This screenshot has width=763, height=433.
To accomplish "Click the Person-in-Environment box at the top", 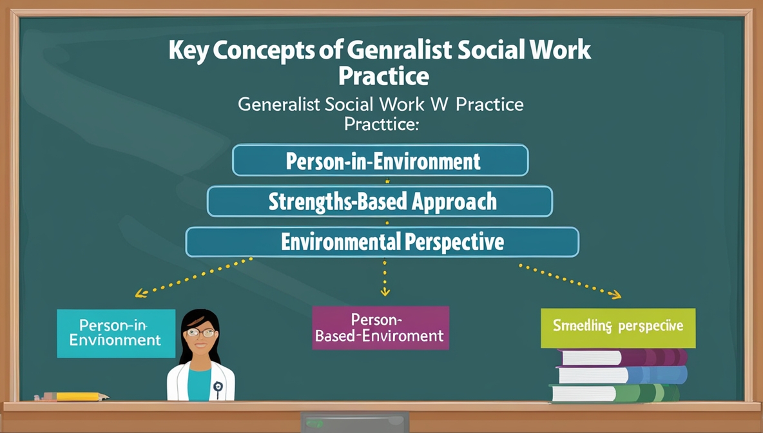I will tap(380, 160).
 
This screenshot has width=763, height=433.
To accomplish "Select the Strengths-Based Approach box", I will tap(380, 201).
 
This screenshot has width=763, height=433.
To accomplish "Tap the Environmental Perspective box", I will tap(382, 242).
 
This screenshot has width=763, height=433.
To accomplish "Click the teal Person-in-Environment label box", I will tap(116, 333).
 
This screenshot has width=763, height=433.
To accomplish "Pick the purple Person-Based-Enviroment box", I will tap(380, 328).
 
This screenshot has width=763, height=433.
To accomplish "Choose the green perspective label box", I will tap(617, 327).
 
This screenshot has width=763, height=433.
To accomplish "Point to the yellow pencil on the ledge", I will tap(77, 396).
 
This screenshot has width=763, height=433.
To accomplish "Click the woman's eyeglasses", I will tap(201, 332).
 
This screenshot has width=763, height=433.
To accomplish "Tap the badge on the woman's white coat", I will tap(218, 387).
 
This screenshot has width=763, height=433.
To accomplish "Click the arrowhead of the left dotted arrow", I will tap(139, 294).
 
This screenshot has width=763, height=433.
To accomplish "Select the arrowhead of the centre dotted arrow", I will tap(385, 292).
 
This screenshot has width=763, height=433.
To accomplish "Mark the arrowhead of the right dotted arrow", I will tap(616, 295).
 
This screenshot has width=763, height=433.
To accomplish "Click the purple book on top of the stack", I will tap(622, 357).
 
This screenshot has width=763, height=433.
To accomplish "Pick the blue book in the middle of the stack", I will tap(622, 374).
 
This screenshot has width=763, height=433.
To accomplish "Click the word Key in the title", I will tap(189, 50).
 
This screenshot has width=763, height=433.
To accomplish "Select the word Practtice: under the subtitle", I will tap(381, 123).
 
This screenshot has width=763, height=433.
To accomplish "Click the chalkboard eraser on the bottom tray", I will tap(355, 421).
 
